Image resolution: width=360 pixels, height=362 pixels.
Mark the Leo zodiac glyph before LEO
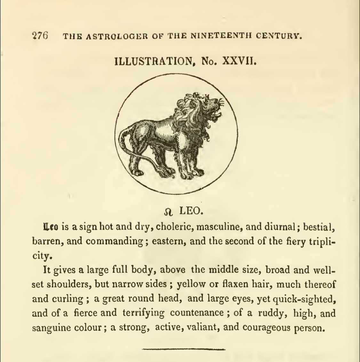tap(168, 212)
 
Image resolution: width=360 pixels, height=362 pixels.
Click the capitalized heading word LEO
tap(191, 211)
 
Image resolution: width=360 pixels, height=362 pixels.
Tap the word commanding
tap(114, 241)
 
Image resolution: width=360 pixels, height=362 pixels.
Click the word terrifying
tap(143, 313)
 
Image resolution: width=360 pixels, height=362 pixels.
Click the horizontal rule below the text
tap(184, 349)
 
